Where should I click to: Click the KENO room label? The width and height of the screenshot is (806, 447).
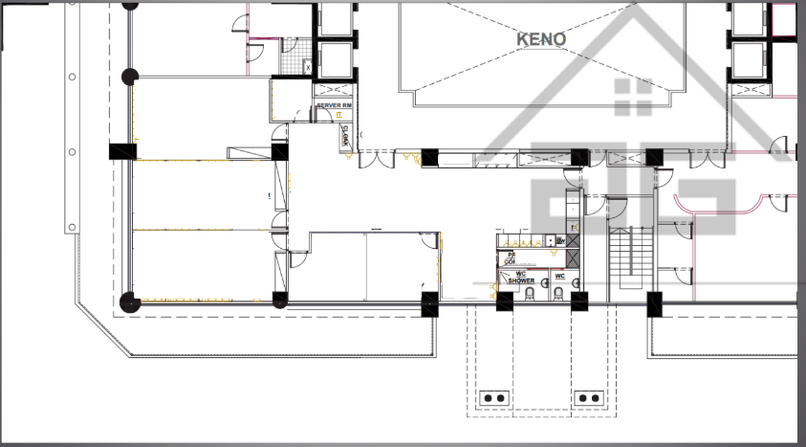click(541, 39)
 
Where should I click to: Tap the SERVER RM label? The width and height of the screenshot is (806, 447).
click(335, 103)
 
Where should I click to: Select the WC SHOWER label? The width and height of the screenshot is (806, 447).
click(521, 279)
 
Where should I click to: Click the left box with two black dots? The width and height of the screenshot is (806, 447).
click(495, 396)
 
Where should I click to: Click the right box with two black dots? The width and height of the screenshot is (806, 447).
click(587, 396)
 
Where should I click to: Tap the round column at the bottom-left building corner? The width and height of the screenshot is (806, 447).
click(130, 304)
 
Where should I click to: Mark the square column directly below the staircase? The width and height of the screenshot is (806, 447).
click(655, 304)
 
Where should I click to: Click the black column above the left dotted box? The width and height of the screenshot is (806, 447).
click(504, 302)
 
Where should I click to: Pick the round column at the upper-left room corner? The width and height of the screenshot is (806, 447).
click(130, 77)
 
